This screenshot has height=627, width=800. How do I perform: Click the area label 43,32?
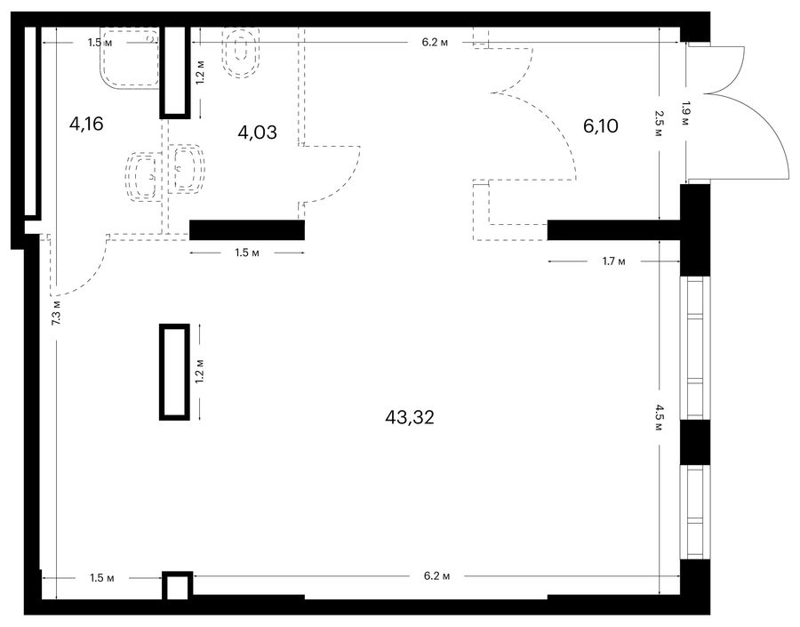(x=410, y=418)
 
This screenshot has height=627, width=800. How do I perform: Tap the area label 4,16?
(x=87, y=124)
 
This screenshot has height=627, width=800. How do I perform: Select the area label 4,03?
(x=258, y=133)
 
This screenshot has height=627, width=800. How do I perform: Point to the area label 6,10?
(x=601, y=125)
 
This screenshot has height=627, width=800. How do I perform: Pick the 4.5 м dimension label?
(x=660, y=417)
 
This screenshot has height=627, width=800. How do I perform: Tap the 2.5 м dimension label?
(x=660, y=124)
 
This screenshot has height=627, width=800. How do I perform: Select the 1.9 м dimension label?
(x=685, y=115)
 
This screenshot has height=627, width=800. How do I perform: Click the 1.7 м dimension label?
(x=613, y=261)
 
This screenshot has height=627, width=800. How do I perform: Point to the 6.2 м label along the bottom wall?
(x=436, y=576)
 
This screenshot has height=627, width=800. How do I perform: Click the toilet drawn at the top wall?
(x=242, y=52)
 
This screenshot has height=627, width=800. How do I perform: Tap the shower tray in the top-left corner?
(x=130, y=59)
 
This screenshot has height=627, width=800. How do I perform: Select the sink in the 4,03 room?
(x=187, y=168)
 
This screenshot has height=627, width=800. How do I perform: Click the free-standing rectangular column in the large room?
(x=174, y=372)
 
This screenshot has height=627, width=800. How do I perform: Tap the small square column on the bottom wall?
(x=178, y=585)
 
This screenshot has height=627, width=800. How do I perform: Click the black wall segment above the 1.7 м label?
(x=613, y=229)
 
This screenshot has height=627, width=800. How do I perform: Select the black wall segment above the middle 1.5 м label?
(x=247, y=229)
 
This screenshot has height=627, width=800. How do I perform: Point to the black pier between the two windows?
(x=695, y=442)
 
